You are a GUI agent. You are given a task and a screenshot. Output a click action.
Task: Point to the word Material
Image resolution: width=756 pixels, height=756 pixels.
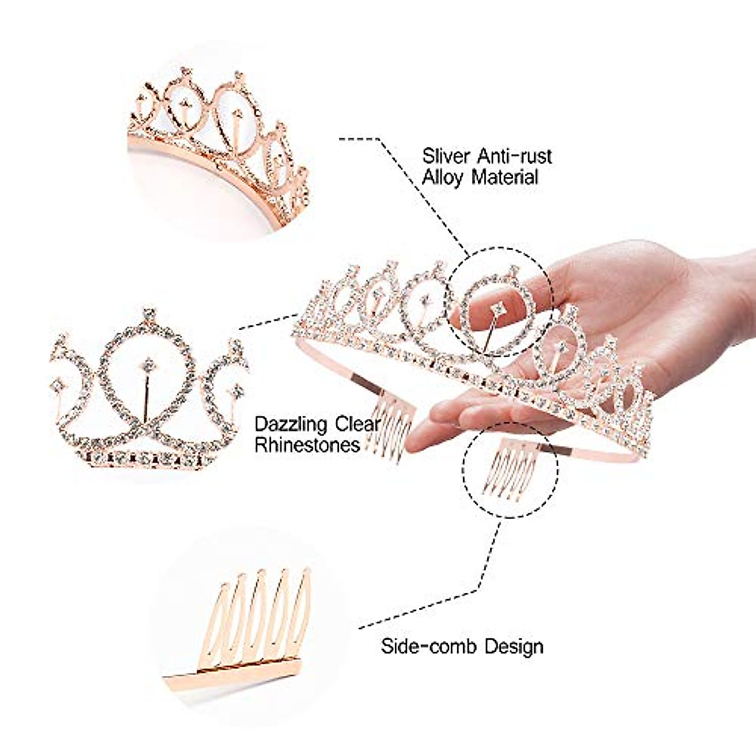pos(505,177)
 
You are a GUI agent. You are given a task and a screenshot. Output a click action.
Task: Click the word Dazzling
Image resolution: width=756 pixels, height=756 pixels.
pos(291,423)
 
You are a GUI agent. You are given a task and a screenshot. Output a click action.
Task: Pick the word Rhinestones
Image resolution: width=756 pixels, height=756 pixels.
pos(307,445)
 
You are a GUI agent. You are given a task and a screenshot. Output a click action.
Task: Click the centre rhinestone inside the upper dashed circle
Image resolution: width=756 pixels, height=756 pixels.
pos(498,307)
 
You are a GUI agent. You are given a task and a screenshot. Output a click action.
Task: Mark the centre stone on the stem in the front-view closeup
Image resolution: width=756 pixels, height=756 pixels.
pos(149,365)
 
